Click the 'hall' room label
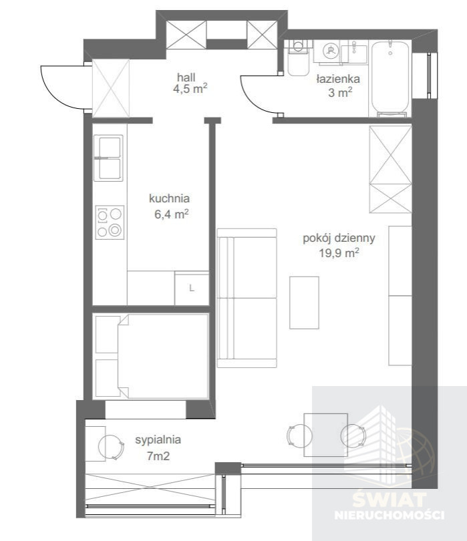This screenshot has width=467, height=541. tap(186, 77)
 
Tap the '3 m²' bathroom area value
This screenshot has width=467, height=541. tap(340, 92)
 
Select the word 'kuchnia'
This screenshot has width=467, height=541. tap(169, 198)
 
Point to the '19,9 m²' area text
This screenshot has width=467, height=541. tap(339, 253)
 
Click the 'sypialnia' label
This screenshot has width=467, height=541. tap(158, 440)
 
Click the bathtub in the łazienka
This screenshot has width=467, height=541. tap(390, 79)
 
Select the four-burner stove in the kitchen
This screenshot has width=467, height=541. tap(110, 222)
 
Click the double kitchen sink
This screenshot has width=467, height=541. tap(108, 158)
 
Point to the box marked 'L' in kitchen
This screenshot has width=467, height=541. tap(192, 288)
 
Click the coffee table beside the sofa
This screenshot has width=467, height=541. tap(304, 303)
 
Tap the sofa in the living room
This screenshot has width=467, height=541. tap(247, 298)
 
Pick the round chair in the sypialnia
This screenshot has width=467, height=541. tap(111, 447)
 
